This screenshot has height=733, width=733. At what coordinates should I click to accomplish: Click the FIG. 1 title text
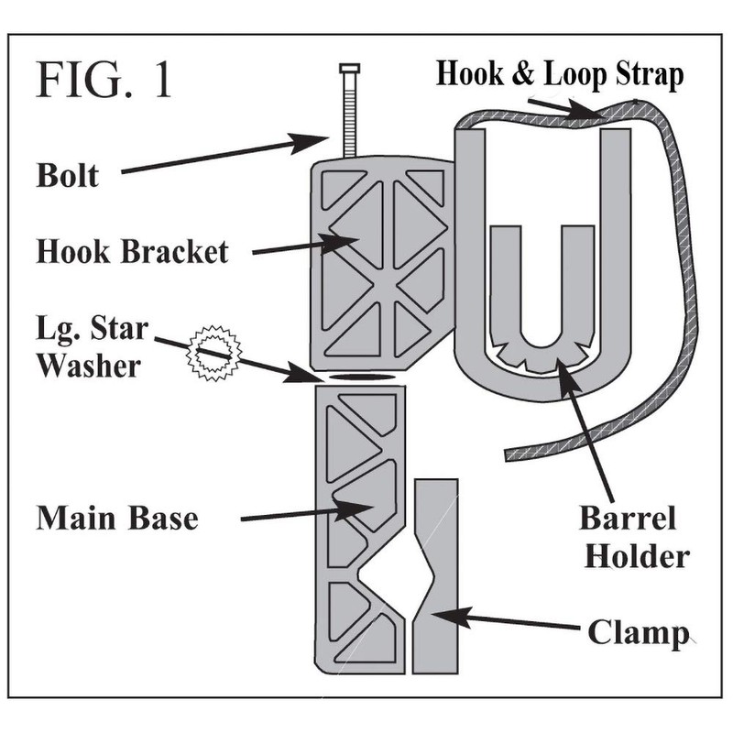point(104,82)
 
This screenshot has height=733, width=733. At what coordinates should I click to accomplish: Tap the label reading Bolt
point(67,174)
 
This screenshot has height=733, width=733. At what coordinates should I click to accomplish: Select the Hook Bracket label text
point(132,250)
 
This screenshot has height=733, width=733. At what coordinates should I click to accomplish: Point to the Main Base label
point(117,518)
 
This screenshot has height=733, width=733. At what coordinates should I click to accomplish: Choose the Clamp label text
point(636,632)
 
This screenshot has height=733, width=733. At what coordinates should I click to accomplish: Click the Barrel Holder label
point(633,537)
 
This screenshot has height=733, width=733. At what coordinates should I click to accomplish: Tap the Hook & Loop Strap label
point(559,74)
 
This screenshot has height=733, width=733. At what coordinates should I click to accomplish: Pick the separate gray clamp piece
point(436,577)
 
